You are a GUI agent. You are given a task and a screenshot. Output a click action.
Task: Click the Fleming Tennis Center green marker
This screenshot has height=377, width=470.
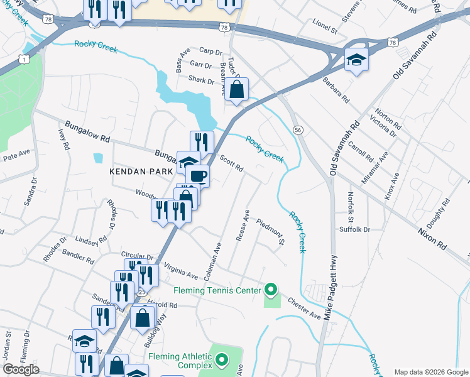[271, 290]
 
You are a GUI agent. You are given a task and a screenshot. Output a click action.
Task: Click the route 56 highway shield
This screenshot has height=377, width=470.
[298, 129]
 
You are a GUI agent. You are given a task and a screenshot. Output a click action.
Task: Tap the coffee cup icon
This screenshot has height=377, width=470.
[197, 176]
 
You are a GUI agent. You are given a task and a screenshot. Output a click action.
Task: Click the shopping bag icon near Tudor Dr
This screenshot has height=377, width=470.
[236, 89]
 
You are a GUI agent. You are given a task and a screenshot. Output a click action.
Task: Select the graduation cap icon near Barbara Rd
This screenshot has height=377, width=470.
[356, 60]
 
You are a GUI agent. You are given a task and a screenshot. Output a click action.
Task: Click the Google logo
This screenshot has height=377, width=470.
[21, 369]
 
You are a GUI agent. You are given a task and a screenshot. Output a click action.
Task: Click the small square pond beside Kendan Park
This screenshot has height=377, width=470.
[97, 158]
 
